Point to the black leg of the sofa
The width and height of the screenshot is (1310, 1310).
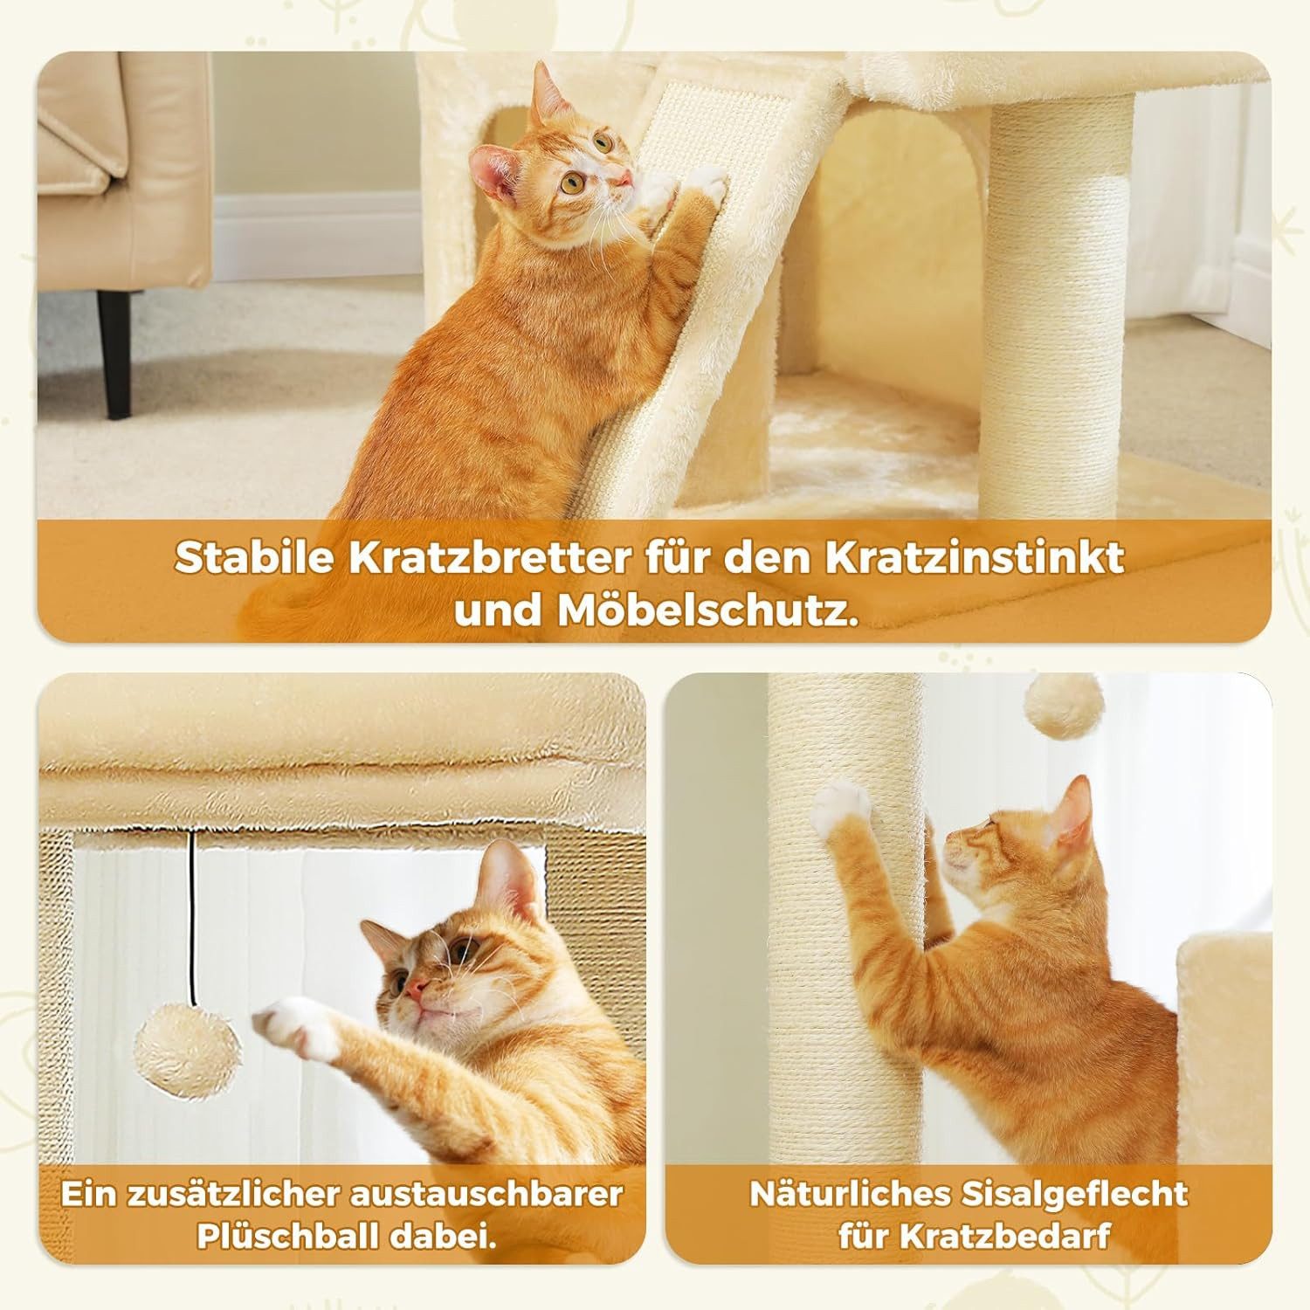[114, 354]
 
